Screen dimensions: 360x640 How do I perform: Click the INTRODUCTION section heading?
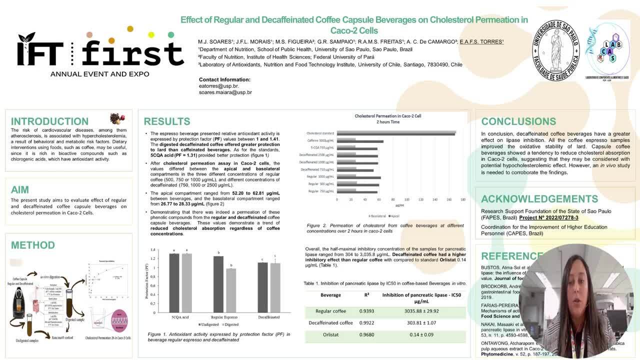[49, 121]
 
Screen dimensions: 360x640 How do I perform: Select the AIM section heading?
[20, 190]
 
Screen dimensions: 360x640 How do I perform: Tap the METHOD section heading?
[33, 245]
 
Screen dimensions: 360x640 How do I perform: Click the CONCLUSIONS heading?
[518, 121]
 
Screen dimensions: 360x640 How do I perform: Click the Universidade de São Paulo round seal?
[555, 50]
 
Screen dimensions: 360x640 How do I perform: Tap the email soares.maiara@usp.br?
[225, 92]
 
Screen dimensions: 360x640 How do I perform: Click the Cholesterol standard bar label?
[320, 133]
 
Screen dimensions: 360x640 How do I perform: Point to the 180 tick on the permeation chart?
[462, 199]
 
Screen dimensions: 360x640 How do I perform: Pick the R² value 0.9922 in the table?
[366, 323]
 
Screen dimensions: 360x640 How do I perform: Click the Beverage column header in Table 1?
[330, 295]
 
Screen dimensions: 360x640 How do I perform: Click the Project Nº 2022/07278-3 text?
[548, 218]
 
